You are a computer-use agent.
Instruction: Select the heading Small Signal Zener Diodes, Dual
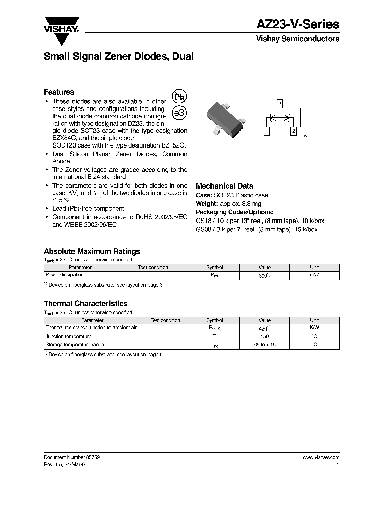point(118,57)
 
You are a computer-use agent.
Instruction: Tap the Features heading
point(59,92)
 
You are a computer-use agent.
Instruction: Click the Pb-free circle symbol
point(180,97)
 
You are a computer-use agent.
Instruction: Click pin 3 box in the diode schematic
point(279,103)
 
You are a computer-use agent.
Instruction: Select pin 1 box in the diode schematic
point(266,132)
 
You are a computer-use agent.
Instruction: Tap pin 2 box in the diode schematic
point(293,132)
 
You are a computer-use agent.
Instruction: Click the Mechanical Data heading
point(224,186)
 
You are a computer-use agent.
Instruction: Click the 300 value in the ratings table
point(264,275)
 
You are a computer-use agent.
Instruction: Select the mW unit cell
point(314,275)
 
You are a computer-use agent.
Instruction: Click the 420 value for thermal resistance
point(264,328)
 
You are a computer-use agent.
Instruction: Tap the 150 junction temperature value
point(264,336)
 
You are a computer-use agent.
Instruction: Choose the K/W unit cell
point(314,328)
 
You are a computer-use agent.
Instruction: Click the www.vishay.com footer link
point(321,457)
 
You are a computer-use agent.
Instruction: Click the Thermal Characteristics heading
point(85,304)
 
